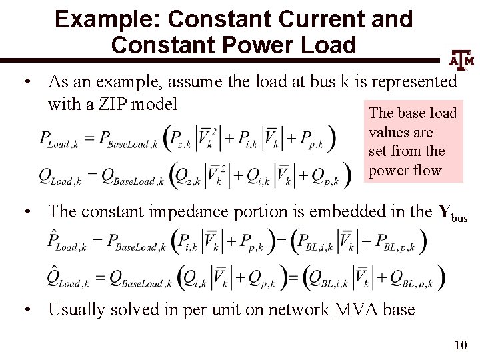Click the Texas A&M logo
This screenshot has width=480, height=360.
(462, 61)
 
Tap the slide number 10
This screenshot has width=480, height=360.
(459, 345)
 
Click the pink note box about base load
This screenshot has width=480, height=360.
(413, 142)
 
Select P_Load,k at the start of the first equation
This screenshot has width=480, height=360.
(63, 139)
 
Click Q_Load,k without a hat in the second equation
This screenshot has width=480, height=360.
(63, 176)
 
